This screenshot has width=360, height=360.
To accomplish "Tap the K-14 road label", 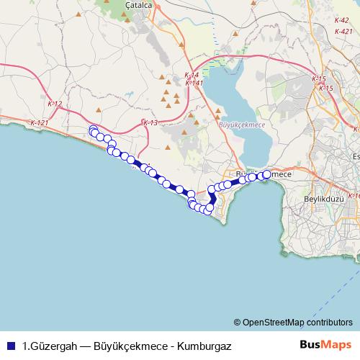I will pos(191,75).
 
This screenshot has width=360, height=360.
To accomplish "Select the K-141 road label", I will pos(192,83).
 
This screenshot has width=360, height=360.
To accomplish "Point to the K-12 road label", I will pos(55,104).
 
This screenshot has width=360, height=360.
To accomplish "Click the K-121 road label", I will pos(40,123).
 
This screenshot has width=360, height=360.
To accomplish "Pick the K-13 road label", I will pos(150,123).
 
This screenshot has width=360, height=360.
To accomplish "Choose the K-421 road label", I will pos(343,31).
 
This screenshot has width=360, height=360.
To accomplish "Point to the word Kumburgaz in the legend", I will pos(204,345).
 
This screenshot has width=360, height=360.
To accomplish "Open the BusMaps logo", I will pos(325,344).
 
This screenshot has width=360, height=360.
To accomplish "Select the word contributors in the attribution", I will pos(332,323).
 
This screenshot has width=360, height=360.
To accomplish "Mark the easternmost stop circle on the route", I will pos(268,174).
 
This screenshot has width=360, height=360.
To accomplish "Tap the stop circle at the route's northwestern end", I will pos(92,130).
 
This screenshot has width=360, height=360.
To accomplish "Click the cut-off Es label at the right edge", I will pos(355,158).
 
